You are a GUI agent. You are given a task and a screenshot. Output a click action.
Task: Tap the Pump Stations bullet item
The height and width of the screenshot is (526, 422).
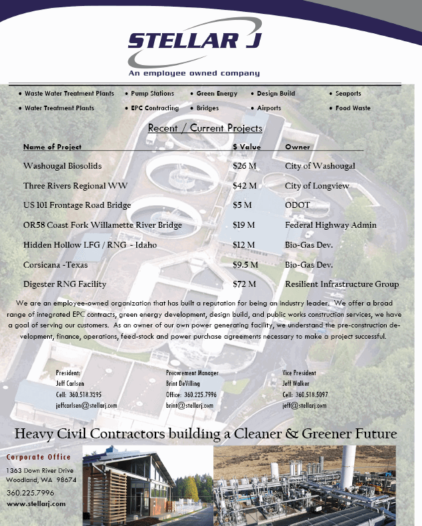152,94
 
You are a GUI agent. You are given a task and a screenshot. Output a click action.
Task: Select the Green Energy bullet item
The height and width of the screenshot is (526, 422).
217,94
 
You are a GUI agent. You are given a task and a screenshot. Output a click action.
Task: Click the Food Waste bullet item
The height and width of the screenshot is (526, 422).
353,108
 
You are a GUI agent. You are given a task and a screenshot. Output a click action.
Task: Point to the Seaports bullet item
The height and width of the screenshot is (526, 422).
348,94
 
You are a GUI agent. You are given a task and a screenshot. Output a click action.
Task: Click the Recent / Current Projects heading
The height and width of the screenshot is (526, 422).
205,128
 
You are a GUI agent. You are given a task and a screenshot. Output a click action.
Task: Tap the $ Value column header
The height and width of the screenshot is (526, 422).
247,147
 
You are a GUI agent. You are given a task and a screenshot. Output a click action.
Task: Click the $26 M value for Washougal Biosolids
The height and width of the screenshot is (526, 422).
245,166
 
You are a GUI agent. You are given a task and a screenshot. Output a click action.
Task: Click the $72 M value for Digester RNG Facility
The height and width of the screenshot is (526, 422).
245,284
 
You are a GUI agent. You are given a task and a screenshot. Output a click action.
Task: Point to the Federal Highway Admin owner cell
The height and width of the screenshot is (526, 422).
330,225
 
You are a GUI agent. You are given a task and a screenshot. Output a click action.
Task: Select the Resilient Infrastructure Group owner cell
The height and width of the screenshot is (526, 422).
342,284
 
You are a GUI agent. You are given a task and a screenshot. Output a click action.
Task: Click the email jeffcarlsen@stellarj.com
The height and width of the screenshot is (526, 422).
86,405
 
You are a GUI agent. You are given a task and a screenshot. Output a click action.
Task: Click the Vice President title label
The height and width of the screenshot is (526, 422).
299,373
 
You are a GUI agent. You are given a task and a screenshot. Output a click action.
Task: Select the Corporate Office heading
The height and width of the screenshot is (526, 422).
39,458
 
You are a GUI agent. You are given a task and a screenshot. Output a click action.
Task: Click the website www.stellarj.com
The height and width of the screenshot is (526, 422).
36,504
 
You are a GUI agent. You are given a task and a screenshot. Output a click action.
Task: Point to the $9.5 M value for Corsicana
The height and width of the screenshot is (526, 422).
246,265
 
